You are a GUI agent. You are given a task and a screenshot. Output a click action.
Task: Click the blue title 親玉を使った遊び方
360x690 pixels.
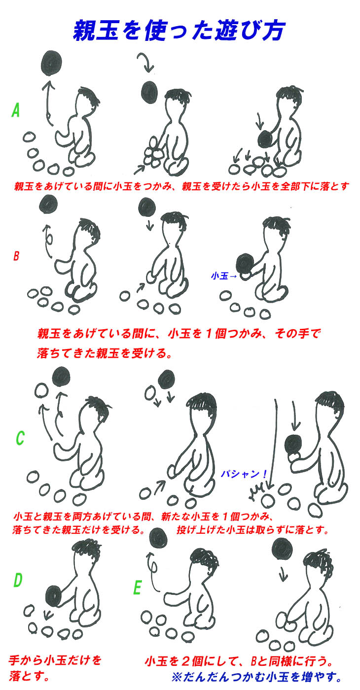[179, 31]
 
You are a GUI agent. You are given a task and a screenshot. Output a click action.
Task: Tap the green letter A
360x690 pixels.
[15, 110]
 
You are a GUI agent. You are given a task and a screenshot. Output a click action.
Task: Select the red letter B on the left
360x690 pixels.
[16, 256]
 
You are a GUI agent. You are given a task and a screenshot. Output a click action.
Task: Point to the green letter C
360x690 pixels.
[20, 438]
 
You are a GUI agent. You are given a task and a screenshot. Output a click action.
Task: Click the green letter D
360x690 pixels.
[18, 580]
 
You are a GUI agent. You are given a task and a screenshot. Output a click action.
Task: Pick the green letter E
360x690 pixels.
[137, 587]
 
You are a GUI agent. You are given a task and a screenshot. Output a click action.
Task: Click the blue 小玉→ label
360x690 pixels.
[224, 276]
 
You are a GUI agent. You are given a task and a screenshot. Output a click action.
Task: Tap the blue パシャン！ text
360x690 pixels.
[244, 474]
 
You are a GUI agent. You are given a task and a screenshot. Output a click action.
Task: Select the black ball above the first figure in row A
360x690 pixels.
[51, 63]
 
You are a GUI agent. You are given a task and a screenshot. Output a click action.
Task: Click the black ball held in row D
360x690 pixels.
[55, 596]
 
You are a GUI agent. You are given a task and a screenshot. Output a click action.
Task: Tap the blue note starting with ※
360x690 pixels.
[257, 677]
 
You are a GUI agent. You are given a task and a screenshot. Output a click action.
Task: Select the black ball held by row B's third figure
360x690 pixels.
[246, 264]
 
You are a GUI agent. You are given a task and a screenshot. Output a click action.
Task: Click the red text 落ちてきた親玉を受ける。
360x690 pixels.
[104, 353]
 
